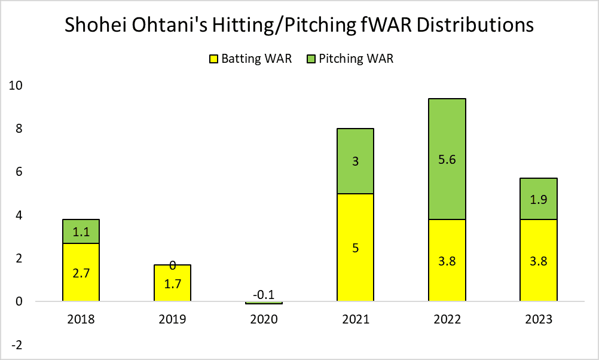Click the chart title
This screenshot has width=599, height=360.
[x=299, y=26]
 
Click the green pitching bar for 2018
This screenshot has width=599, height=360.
[x=81, y=231]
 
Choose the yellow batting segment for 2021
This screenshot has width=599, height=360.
[x=355, y=248]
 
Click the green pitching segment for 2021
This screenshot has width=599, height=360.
[x=355, y=161]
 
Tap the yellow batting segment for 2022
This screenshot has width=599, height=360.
[x=447, y=261]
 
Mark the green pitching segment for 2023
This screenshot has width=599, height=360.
[x=538, y=199]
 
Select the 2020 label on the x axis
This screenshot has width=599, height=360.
[x=264, y=319]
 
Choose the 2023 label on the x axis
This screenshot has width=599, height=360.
[x=538, y=319]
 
